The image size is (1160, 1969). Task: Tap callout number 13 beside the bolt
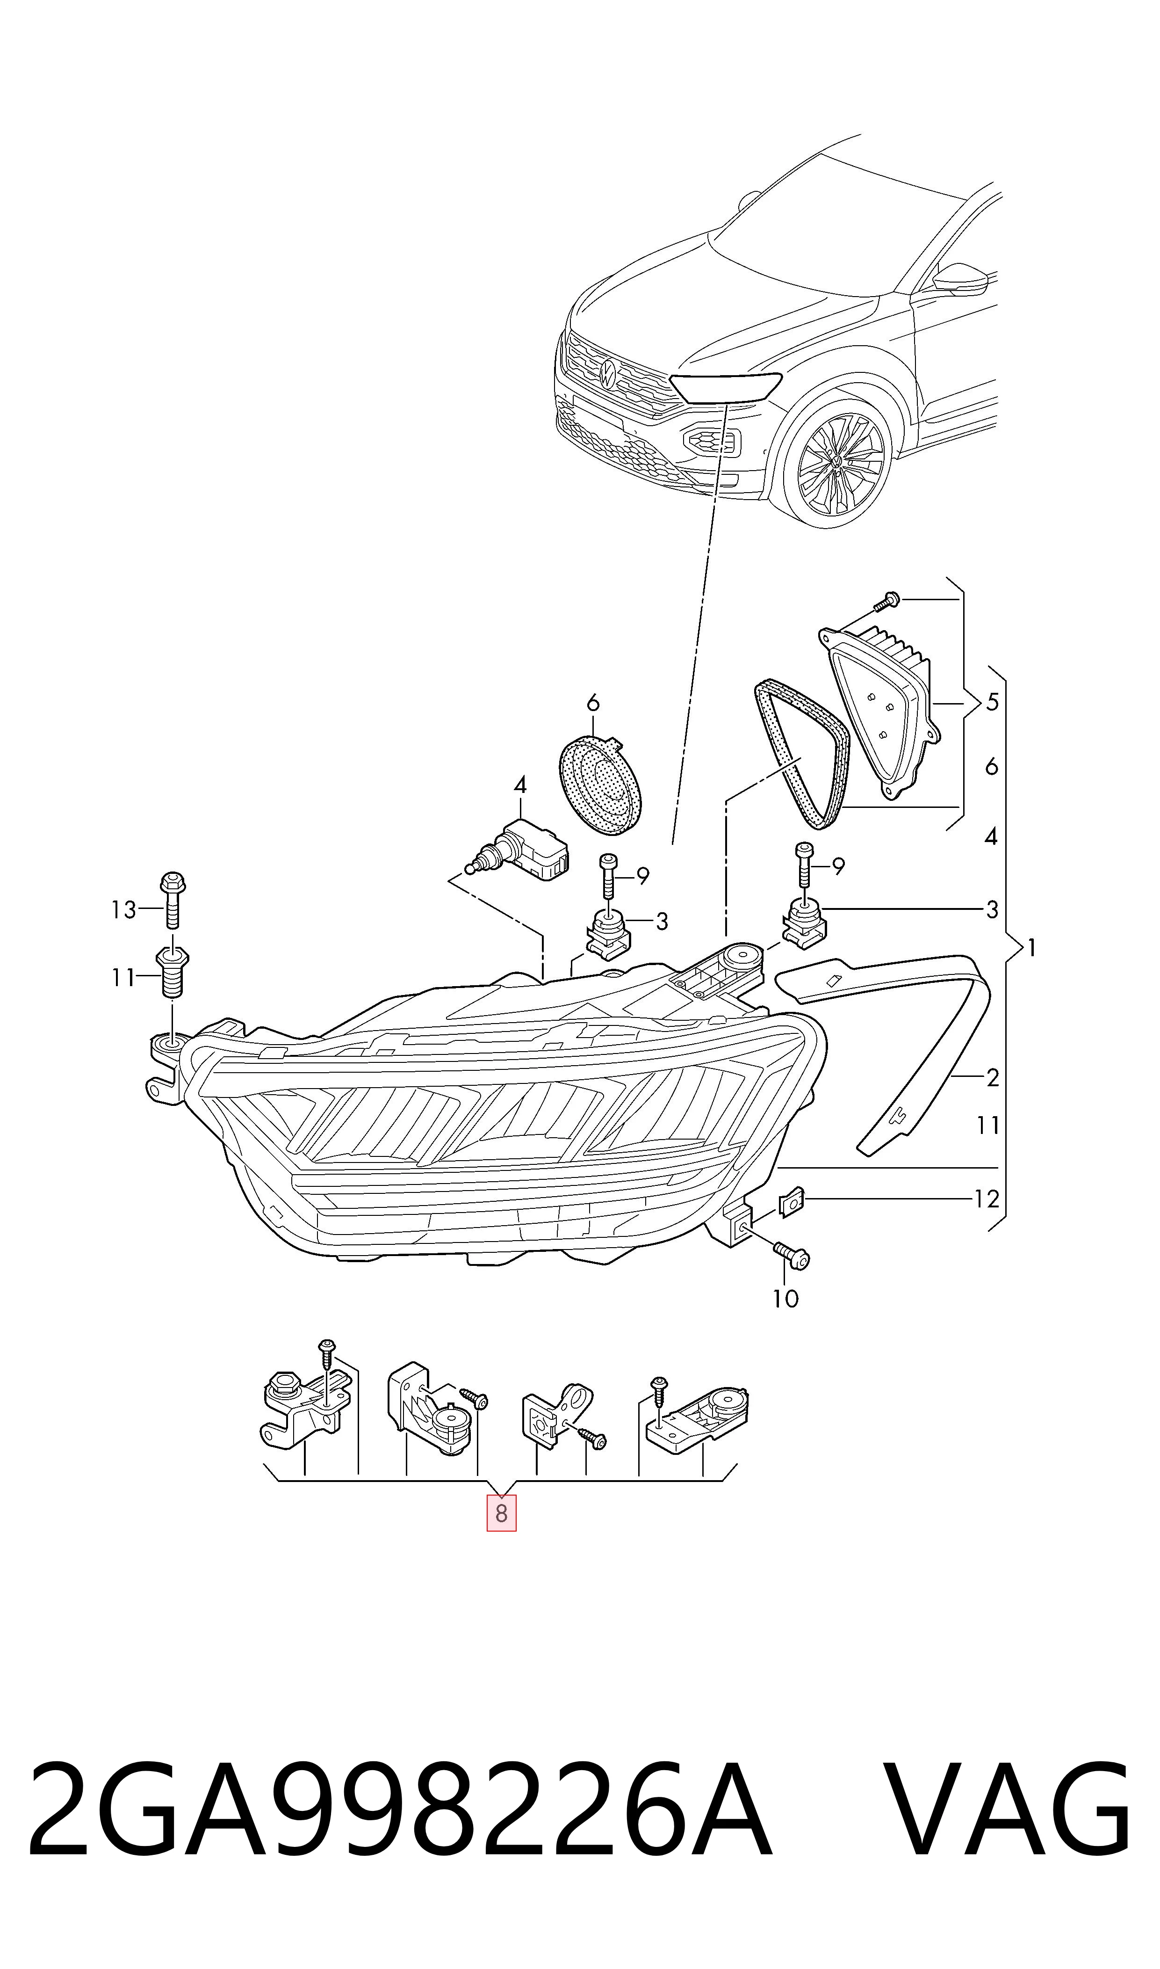[x=123, y=909]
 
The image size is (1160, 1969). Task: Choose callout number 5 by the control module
[x=992, y=702]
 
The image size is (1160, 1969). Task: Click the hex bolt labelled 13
[x=172, y=901]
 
